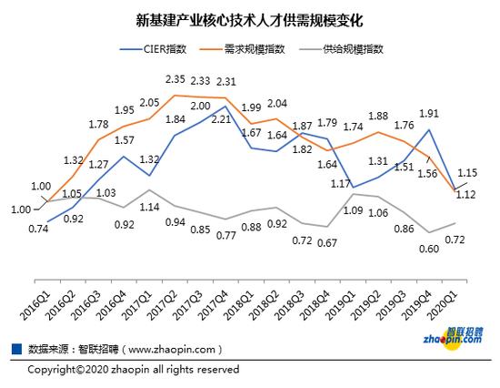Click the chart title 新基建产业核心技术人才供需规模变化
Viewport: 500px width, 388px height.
(x=250, y=18)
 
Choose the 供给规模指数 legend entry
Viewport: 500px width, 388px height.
(x=355, y=49)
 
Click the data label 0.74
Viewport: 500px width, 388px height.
(x=37, y=229)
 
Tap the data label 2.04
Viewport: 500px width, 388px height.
(x=277, y=103)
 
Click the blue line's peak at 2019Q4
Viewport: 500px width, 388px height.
(x=429, y=129)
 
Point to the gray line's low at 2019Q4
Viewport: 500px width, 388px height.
(x=429, y=232)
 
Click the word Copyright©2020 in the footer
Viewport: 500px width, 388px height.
(x=65, y=370)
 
